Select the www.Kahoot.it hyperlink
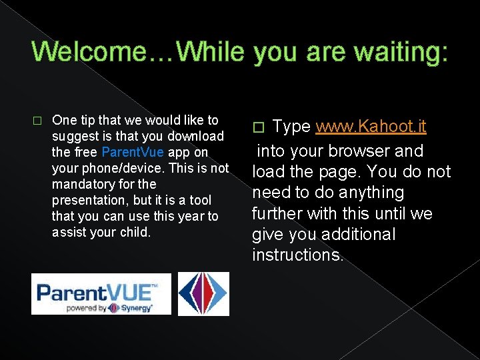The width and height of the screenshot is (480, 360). point(371,126)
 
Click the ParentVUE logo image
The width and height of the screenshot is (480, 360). point(101,293)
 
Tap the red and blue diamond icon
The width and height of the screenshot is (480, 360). point(203,293)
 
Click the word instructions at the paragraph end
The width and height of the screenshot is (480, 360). point(296,255)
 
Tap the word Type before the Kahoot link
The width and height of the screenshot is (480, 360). point(292,126)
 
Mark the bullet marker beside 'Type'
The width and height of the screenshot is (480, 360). point(261,127)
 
